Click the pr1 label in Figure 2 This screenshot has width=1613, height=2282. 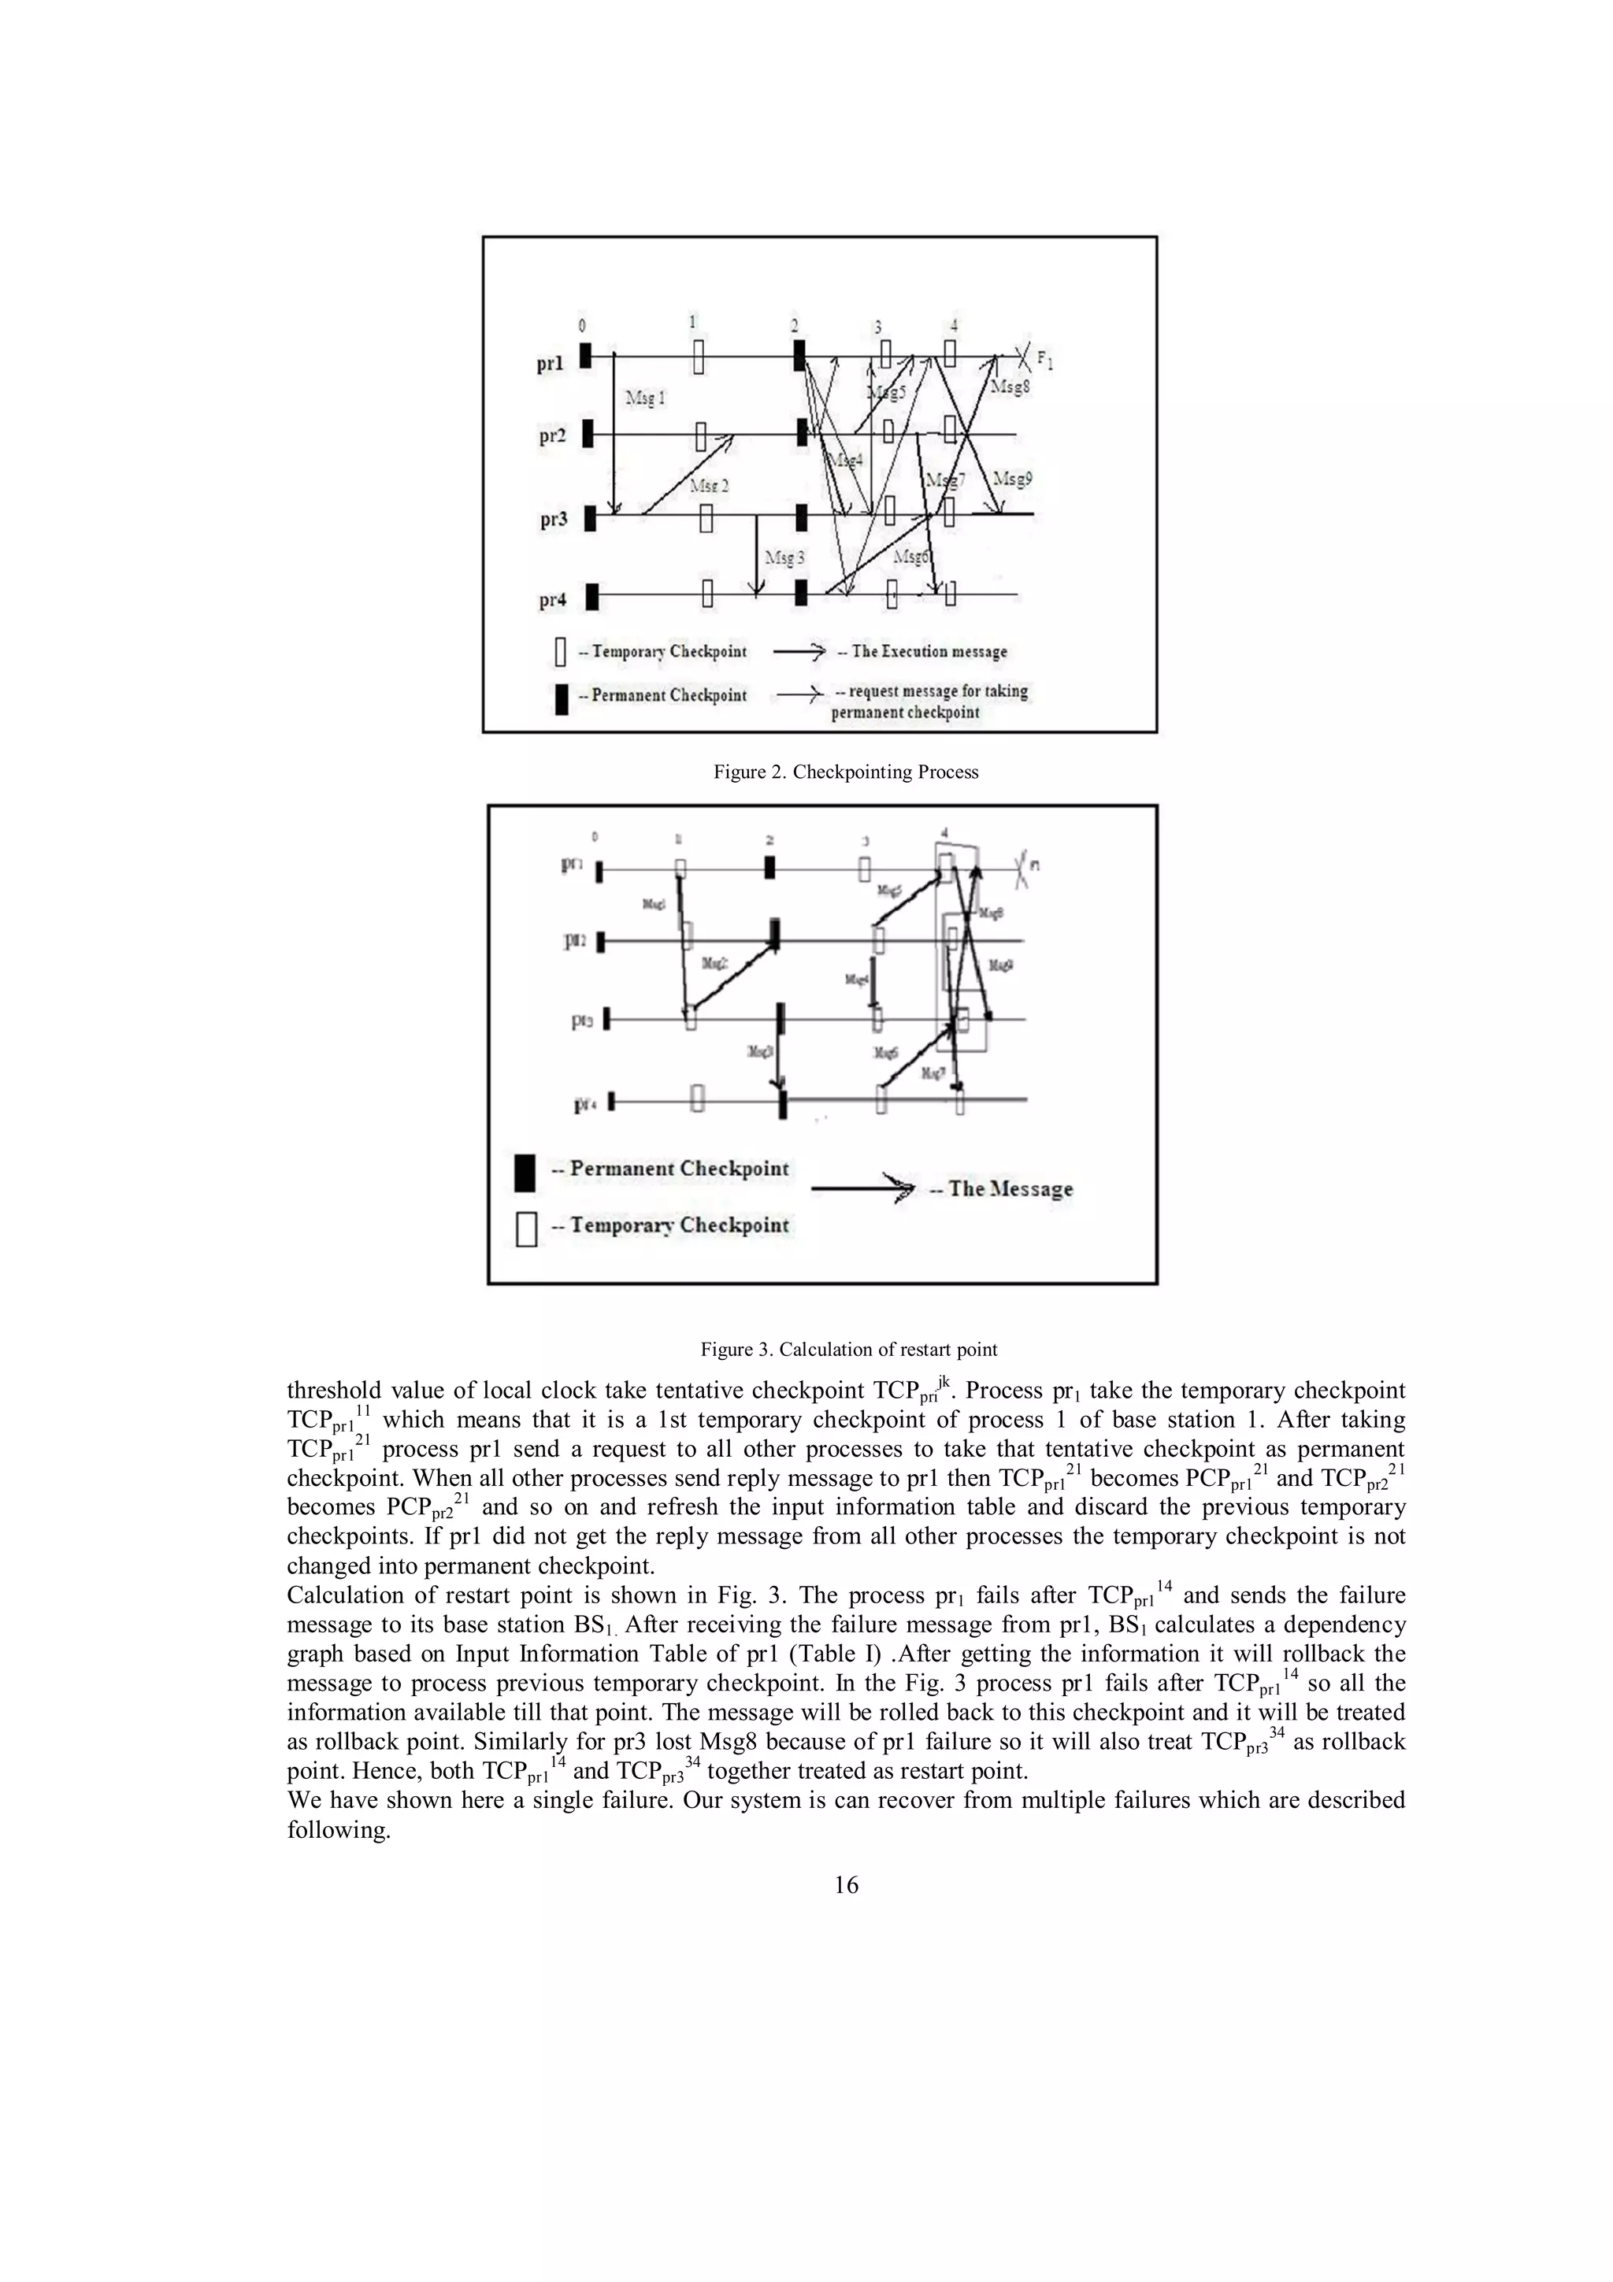(551, 365)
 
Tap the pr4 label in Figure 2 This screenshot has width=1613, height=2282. (553, 600)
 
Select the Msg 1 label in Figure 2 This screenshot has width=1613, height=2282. (645, 398)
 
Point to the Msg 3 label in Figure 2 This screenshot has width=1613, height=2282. (784, 558)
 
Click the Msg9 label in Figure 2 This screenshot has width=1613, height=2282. (1013, 478)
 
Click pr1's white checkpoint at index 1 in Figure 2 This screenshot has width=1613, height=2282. (699, 356)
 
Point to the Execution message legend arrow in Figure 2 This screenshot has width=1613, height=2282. (799, 652)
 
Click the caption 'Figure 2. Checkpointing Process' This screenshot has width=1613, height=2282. (846, 772)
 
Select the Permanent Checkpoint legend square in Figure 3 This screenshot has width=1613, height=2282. (525, 1172)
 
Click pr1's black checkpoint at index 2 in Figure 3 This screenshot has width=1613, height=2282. (770, 867)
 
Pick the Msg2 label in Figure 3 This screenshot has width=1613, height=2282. (714, 963)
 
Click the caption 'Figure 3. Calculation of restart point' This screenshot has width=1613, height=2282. (849, 1350)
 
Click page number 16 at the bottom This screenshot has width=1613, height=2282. (846, 1885)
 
